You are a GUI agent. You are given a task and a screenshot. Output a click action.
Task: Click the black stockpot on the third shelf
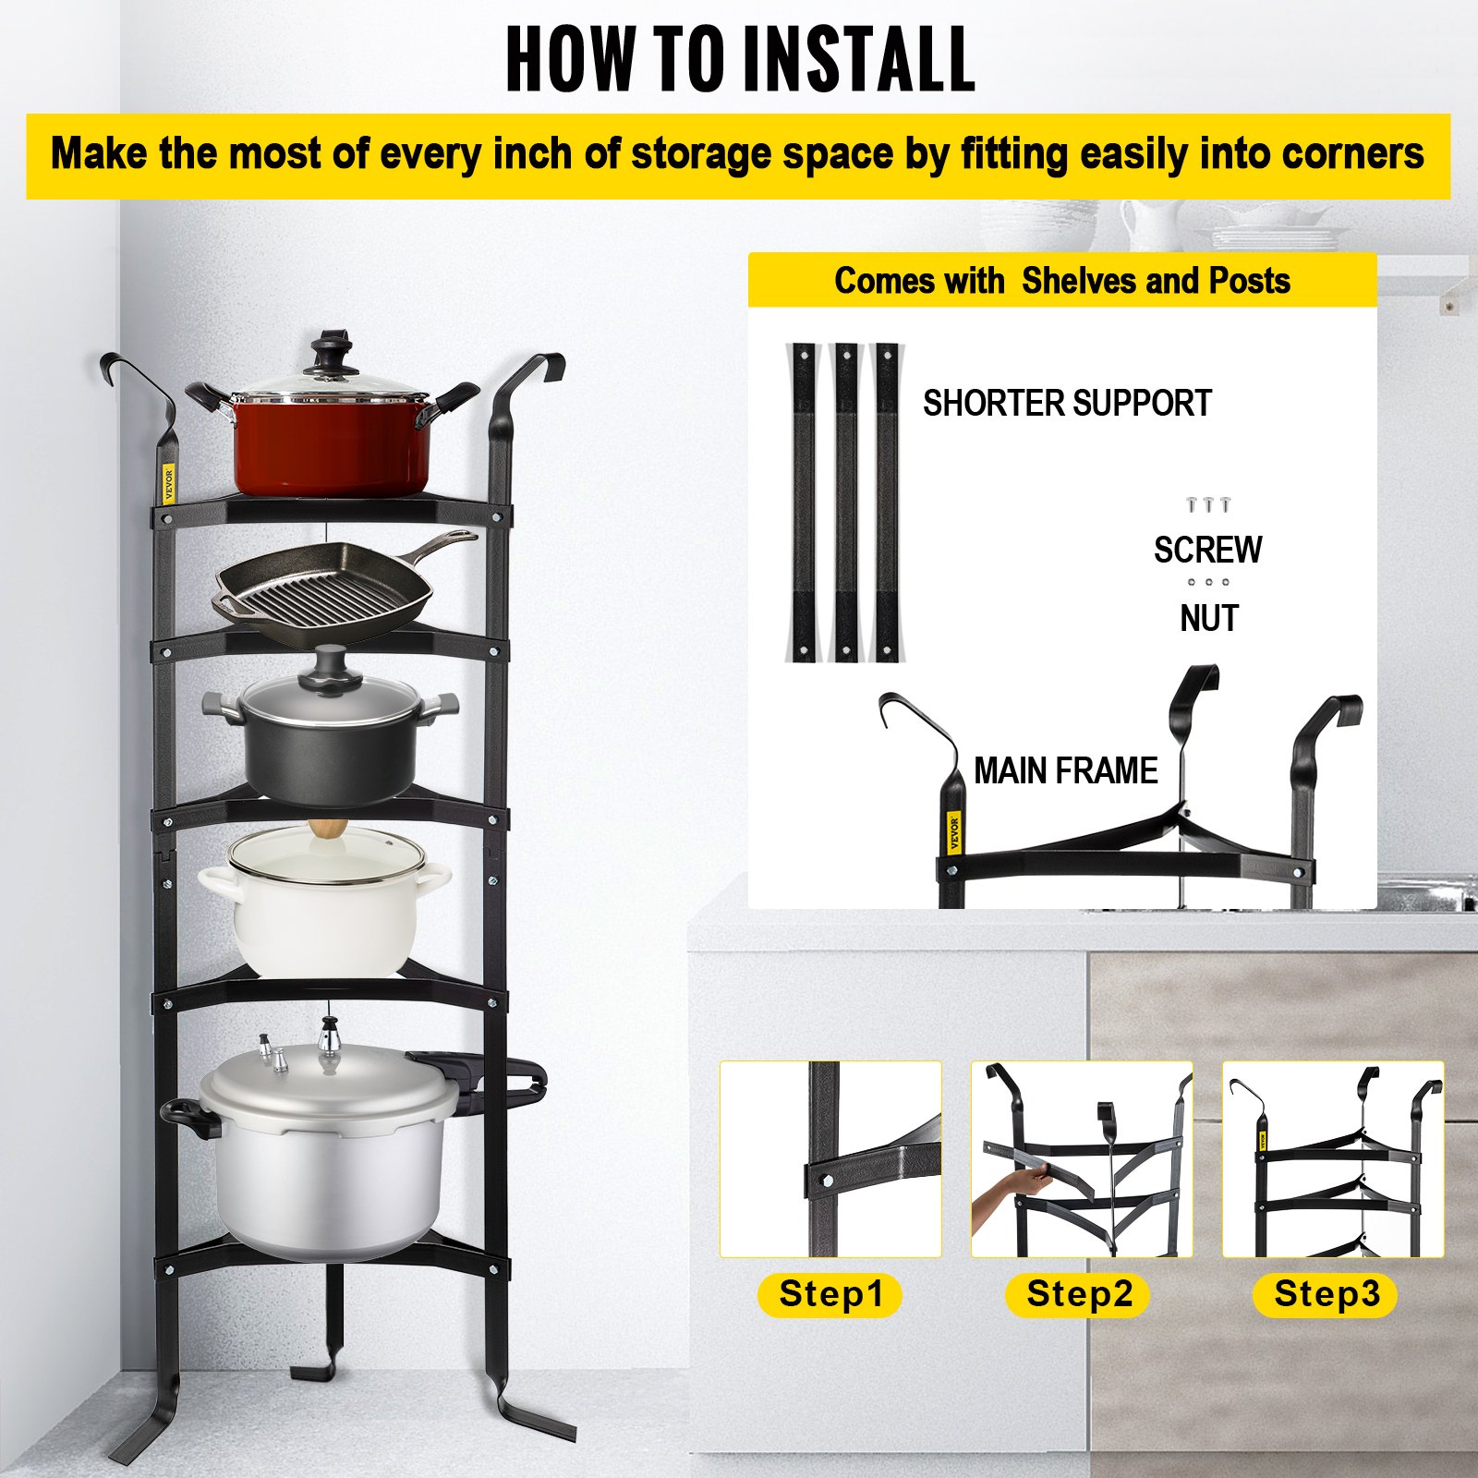(x=330, y=748)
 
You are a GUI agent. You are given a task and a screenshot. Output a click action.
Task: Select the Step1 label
(x=830, y=1293)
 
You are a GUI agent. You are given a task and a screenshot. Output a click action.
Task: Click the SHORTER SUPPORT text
(x=1067, y=404)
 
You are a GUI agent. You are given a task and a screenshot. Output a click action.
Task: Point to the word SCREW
(x=1207, y=550)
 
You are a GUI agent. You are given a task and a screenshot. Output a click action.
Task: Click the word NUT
(x=1208, y=618)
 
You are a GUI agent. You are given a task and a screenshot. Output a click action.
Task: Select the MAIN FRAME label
(x=1065, y=770)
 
